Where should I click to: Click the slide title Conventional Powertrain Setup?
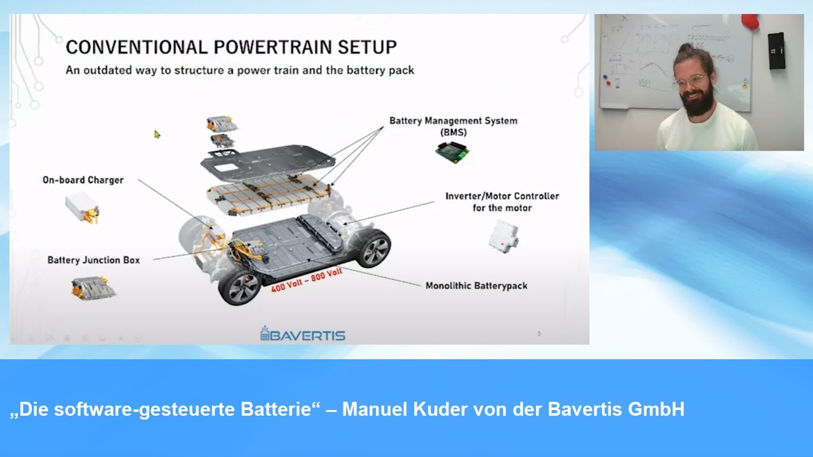(231, 47)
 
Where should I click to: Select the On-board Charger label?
(83, 180)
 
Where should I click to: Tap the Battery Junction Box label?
(93, 260)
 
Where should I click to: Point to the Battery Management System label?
(453, 121)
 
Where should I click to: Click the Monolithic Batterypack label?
(476, 286)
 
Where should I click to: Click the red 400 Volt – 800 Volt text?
(307, 279)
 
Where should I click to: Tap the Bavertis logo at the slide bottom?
(303, 334)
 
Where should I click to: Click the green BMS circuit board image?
(453, 151)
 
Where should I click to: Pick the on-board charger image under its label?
(83, 207)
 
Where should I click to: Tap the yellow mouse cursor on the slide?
(158, 134)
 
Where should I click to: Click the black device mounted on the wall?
(776, 50)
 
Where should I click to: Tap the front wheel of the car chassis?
(239, 288)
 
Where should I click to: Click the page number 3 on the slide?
(539, 333)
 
